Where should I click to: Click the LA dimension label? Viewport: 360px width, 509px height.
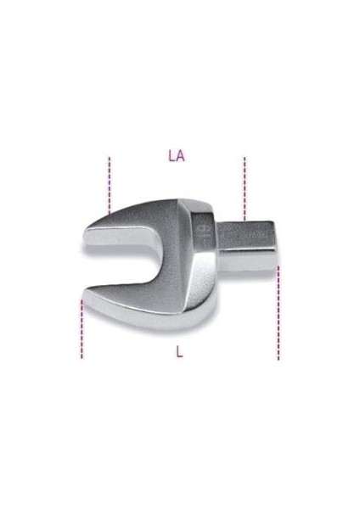point(177,156)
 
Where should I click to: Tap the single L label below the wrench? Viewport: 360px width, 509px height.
point(179,351)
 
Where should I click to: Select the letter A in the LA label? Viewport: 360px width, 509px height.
point(181,156)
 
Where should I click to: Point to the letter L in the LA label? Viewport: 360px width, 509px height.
point(172,156)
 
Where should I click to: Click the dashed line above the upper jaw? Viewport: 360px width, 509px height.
point(110,185)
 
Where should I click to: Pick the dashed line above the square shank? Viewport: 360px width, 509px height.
point(245,189)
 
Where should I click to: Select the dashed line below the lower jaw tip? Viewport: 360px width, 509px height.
point(82,328)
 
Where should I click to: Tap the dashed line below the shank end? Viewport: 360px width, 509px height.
point(278,313)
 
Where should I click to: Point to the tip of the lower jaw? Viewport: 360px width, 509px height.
point(84,294)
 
